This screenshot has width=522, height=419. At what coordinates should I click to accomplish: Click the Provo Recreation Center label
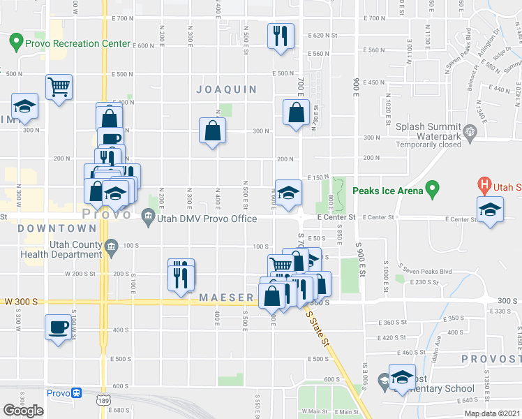(x=77, y=43)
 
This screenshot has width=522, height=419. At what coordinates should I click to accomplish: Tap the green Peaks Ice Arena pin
(x=433, y=189)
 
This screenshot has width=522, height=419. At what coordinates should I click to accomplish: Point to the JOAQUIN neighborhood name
(x=226, y=89)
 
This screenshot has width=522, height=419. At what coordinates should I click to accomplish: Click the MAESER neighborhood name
(x=226, y=297)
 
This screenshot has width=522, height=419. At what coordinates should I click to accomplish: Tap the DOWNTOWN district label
(x=57, y=228)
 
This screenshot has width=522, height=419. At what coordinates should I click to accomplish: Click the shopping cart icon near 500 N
(x=59, y=87)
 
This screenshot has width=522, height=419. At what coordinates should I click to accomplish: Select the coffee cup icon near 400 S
(x=57, y=326)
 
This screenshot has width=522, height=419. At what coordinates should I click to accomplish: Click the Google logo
(x=24, y=410)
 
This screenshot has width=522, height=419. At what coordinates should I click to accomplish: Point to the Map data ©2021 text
(x=493, y=413)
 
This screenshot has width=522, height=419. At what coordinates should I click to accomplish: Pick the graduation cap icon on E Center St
(x=490, y=209)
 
